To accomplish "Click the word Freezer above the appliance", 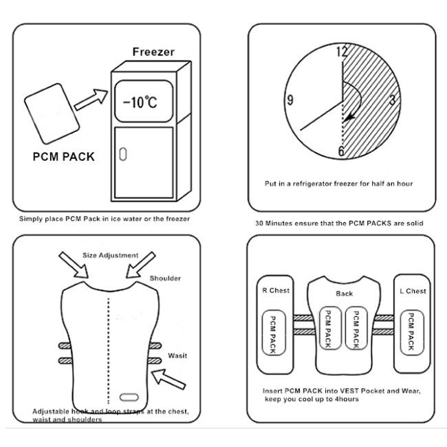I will (153, 52).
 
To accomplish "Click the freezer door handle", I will (123, 154).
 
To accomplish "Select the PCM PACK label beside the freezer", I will (64, 157).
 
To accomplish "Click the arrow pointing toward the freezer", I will (91, 100).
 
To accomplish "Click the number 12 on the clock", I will (342, 52).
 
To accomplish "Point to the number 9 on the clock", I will (290, 101).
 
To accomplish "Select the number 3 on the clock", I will (392, 101).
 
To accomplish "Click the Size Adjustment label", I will (110, 255).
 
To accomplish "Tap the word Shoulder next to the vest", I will (165, 279).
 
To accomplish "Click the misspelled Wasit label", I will (177, 356).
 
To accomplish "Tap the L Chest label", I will (413, 291).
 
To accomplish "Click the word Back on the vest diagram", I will (344, 294).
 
